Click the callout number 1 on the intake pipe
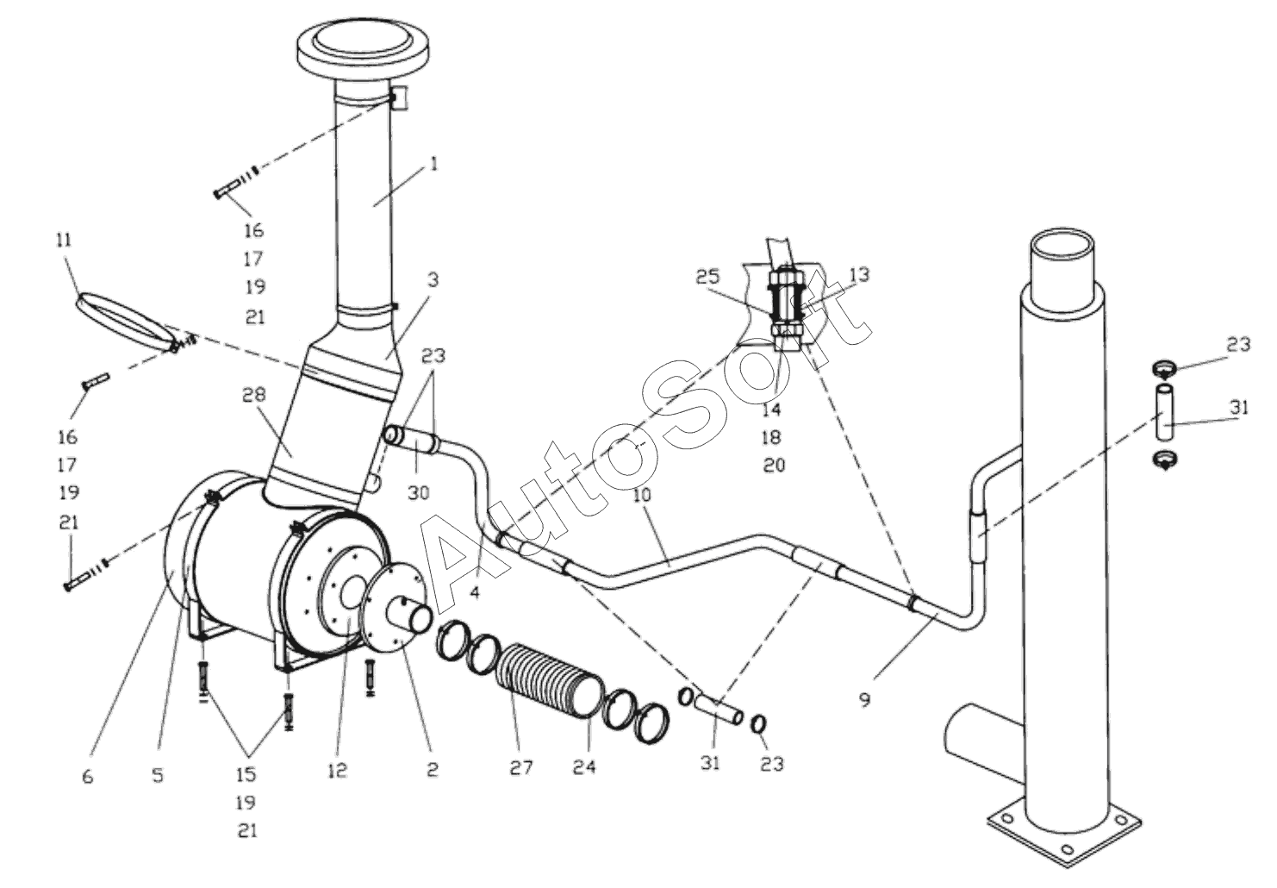[433, 165]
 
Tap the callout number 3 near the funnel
[433, 280]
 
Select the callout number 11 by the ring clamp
[65, 240]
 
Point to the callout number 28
[254, 394]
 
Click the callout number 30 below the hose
[419, 493]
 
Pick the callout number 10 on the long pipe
[642, 495]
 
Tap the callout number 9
[865, 700]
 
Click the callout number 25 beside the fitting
[707, 277]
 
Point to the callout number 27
[521, 767]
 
